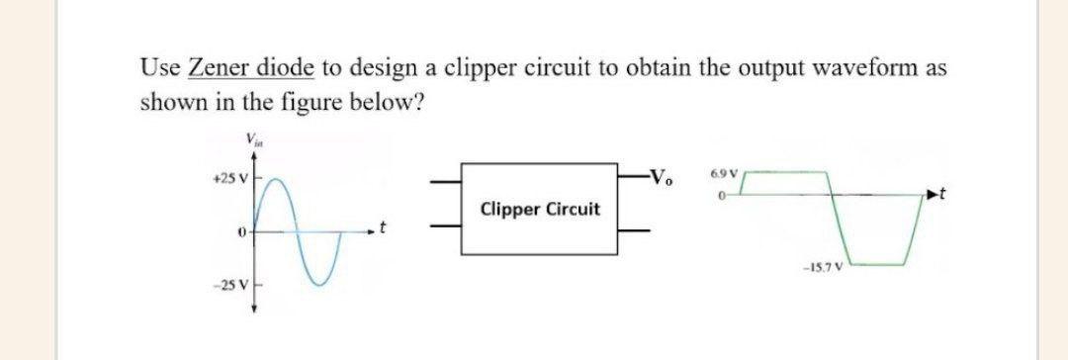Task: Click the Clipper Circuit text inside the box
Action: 539,210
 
